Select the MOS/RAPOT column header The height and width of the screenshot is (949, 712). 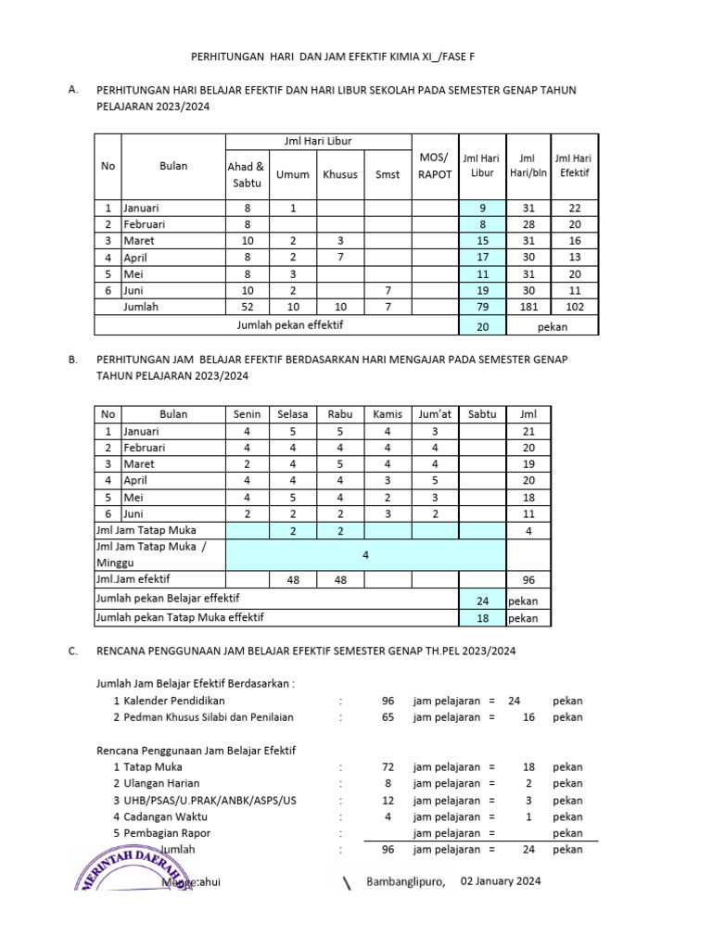tap(435, 165)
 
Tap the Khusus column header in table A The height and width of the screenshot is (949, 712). tap(340, 174)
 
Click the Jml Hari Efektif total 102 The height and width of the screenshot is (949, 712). tap(575, 307)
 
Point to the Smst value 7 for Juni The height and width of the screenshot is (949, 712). tap(388, 290)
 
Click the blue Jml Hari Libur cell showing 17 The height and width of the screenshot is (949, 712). tap(483, 258)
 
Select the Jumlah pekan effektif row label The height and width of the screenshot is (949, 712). tap(277, 326)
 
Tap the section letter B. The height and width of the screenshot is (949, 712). tap(72, 359)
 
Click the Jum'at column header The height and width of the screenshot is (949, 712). tap(435, 414)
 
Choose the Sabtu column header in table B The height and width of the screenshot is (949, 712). tap(482, 414)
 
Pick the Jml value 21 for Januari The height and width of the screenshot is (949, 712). tap(528, 431)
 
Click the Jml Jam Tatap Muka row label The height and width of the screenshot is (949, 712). tap(146, 530)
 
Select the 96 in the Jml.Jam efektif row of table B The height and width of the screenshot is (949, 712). tap(528, 581)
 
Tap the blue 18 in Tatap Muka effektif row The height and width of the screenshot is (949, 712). tap(483, 617)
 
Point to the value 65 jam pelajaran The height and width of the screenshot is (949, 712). tap(388, 717)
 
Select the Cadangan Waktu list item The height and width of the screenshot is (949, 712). tap(165, 816)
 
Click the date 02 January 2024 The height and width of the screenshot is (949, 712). tap(494, 880)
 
